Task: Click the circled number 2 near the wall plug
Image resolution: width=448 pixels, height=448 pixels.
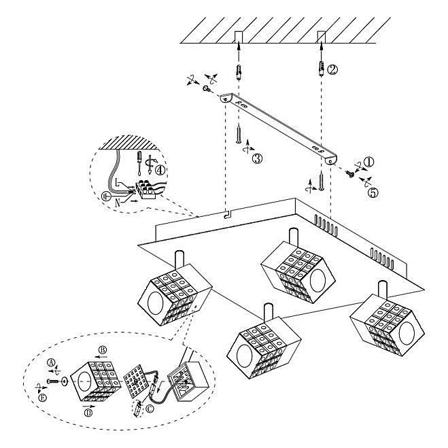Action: [332, 69]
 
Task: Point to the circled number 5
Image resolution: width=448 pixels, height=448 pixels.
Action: [373, 192]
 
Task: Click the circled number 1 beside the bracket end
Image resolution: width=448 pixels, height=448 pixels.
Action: [368, 162]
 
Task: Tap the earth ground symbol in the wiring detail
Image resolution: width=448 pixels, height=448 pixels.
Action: [105, 195]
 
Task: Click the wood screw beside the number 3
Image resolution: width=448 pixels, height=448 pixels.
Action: [239, 133]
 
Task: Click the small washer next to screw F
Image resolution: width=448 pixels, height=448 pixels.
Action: [63, 383]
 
